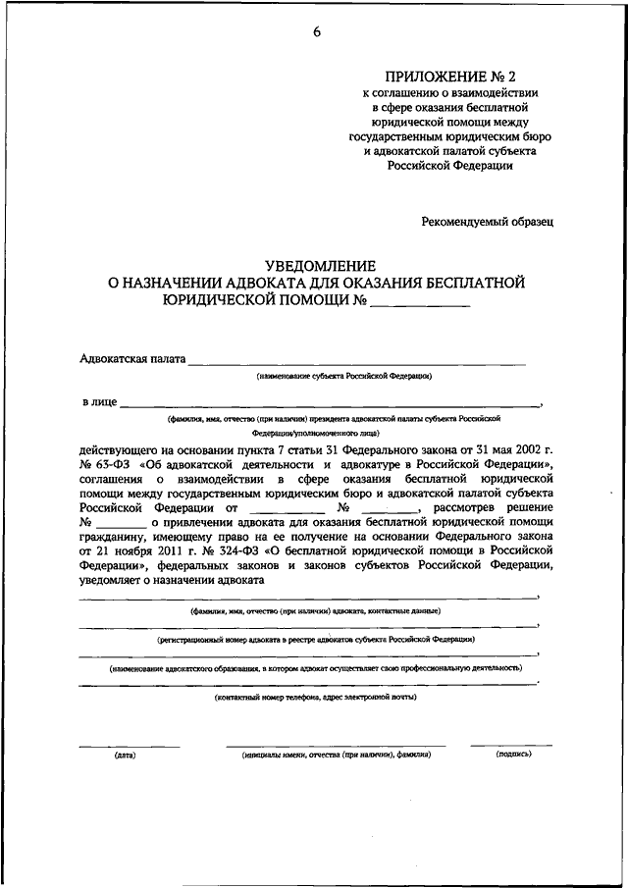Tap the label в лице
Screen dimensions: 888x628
[x=99, y=402]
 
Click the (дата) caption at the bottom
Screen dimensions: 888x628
[x=125, y=755]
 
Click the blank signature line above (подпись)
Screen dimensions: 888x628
[x=509, y=745]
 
